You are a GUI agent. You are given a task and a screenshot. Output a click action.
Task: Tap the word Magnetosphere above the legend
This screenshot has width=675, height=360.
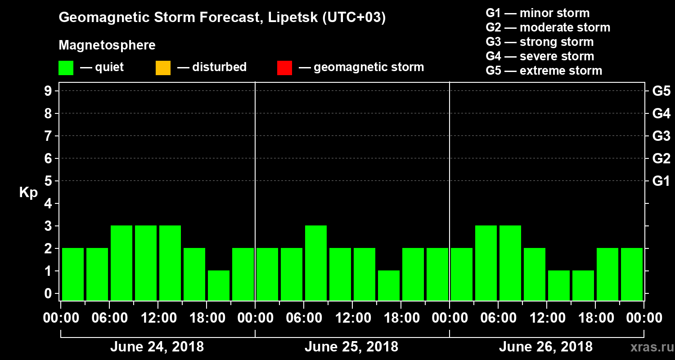pyautogui.click(x=107, y=45)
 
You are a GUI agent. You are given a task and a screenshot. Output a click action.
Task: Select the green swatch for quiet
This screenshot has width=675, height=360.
pyautogui.click(x=66, y=68)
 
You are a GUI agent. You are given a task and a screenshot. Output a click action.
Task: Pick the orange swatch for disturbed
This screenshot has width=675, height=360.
pyautogui.click(x=163, y=68)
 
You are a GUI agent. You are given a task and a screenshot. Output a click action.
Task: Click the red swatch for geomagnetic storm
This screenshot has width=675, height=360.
pyautogui.click(x=284, y=68)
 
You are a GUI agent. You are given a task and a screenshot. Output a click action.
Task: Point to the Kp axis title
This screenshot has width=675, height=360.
pyautogui.click(x=28, y=192)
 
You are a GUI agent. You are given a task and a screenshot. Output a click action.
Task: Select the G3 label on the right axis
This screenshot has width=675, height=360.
pyautogui.click(x=661, y=136)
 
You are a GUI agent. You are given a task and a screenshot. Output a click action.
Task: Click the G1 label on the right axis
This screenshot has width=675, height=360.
pyautogui.click(x=661, y=181)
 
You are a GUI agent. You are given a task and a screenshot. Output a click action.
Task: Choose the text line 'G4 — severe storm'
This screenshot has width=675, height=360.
pyautogui.click(x=540, y=56)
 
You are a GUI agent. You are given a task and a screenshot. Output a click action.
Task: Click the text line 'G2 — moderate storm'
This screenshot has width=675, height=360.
pyautogui.click(x=548, y=27)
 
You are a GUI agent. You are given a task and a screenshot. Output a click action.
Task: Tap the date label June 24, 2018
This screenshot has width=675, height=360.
pyautogui.click(x=157, y=347)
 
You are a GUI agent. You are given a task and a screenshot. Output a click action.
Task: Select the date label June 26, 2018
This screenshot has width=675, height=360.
pyautogui.click(x=545, y=347)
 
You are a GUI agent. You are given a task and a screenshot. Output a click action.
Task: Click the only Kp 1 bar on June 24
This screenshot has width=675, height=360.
pyautogui.click(x=219, y=285)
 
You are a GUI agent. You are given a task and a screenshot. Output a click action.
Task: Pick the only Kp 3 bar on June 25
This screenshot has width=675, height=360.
pyautogui.click(x=316, y=263)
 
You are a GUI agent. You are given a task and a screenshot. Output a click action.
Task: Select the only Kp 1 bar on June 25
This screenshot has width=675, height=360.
pyautogui.click(x=389, y=285)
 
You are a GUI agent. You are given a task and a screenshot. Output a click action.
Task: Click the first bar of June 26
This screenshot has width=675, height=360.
pyautogui.click(x=462, y=274)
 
